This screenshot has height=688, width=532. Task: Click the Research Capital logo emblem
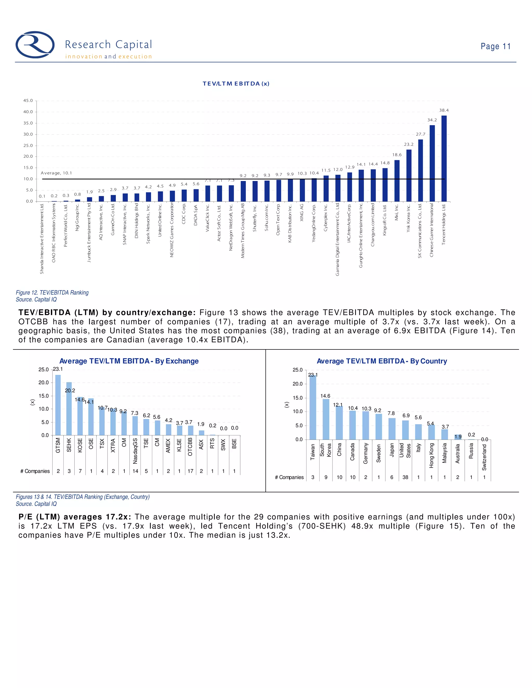pos(35,45)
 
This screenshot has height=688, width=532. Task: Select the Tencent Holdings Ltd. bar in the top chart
pos(444,158)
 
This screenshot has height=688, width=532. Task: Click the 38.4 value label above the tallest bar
pos(444,110)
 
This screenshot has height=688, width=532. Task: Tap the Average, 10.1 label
pos(56,173)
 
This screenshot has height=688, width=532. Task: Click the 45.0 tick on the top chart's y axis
pos(28,100)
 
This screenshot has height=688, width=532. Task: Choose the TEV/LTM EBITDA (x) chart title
pos(236,84)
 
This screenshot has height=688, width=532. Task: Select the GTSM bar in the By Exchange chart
pos(58,405)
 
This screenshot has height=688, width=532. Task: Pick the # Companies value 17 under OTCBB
pos(190,471)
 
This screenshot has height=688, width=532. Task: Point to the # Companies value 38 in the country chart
pos(405,477)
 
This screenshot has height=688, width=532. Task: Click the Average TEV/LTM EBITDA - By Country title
pos(382,361)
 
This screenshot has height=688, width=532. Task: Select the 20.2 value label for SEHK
pos(70,390)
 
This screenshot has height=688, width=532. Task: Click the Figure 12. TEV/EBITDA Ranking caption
pos(52,293)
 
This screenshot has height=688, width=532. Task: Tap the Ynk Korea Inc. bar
pos(409,176)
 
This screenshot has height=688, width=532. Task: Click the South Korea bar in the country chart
pos(326,419)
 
